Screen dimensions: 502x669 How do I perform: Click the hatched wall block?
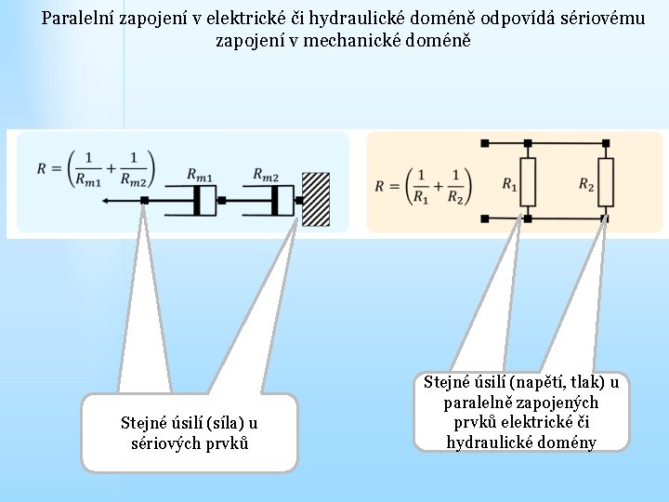(x=316, y=199)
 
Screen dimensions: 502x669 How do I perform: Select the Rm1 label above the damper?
(x=199, y=175)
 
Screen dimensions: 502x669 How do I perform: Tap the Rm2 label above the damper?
(x=266, y=175)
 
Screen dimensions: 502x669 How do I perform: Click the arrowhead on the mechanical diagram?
(x=105, y=200)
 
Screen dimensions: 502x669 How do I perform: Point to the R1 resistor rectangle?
(x=528, y=181)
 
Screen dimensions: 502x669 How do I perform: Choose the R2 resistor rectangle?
(x=606, y=181)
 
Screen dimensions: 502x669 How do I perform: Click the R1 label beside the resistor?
(x=509, y=184)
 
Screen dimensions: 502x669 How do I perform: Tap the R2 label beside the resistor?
(x=586, y=184)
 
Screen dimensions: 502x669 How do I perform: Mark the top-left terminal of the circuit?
(x=484, y=143)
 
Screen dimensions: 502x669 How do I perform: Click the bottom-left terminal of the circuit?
(x=484, y=218)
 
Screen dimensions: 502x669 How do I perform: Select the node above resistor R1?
(x=528, y=143)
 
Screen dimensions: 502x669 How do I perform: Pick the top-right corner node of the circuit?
(x=606, y=143)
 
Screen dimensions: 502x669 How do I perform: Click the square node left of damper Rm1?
(x=145, y=200)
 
